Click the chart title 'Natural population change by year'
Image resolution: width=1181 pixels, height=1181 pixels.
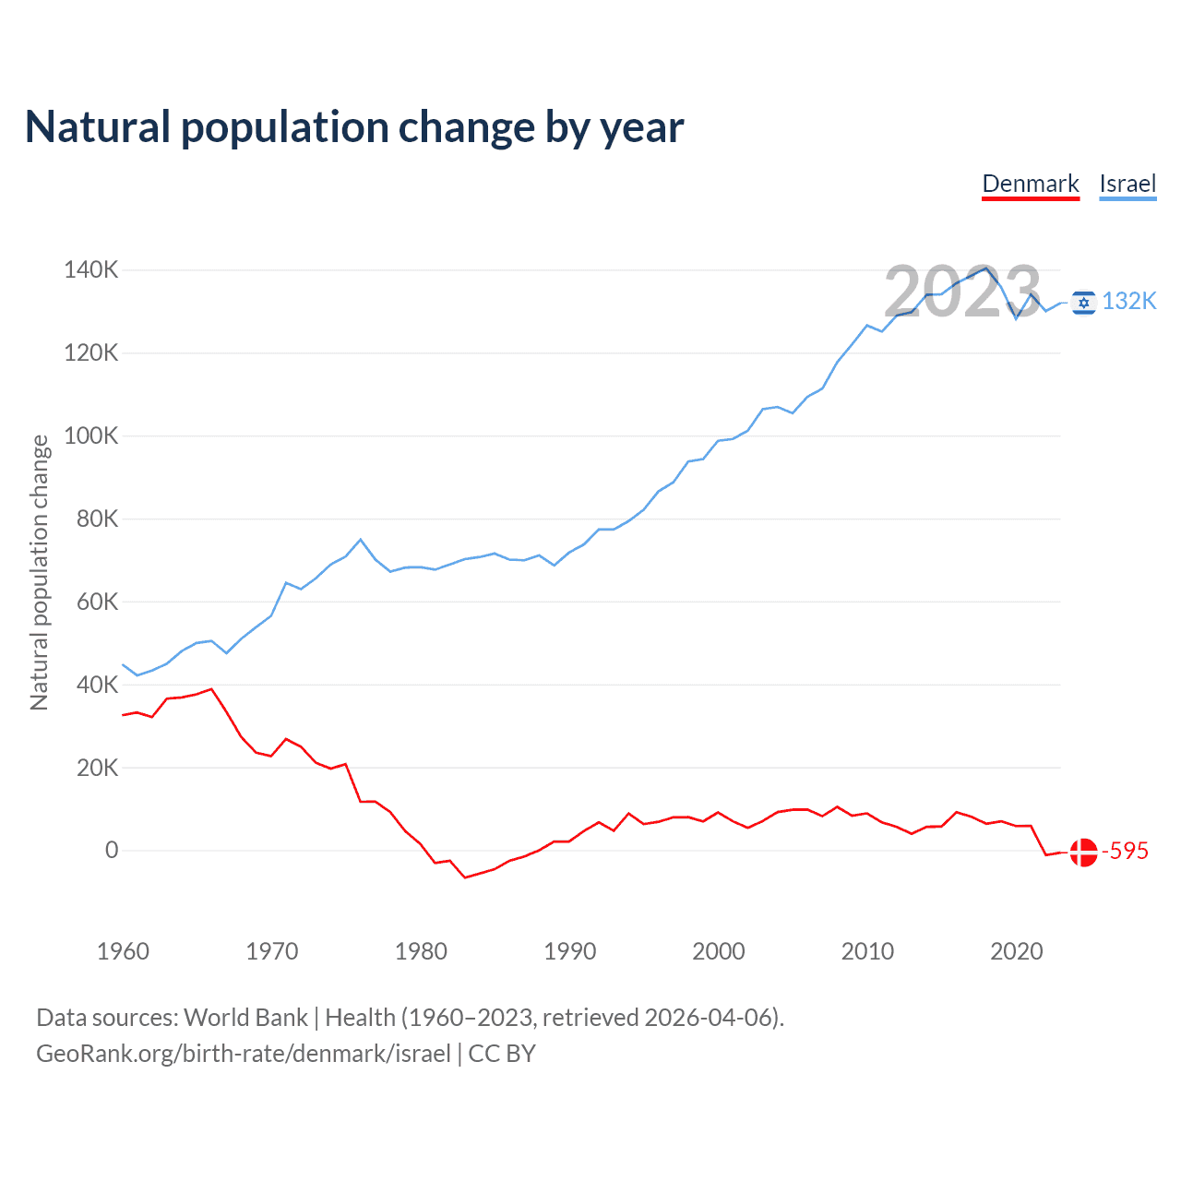[354, 127]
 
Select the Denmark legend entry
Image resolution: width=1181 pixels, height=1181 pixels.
[1030, 184]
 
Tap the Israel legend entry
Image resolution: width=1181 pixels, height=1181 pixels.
[1127, 184]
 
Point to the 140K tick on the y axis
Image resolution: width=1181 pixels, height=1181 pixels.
[90, 270]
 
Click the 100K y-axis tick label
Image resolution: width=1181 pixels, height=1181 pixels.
[90, 435]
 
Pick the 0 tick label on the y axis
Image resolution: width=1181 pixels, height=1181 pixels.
[112, 850]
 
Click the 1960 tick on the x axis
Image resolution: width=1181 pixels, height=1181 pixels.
[123, 951]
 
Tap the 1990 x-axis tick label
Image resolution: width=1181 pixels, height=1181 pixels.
[569, 951]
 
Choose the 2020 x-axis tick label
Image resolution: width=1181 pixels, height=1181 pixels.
[1016, 951]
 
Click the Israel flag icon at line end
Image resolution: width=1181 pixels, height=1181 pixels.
[1084, 302]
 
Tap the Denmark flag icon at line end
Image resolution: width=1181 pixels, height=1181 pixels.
[1084, 852]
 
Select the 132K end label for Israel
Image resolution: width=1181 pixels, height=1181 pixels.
[1129, 302]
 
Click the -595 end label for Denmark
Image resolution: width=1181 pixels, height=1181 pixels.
[1125, 851]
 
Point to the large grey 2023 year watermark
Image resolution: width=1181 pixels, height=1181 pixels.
[962, 292]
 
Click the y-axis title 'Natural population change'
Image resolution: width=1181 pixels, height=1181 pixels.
[39, 572]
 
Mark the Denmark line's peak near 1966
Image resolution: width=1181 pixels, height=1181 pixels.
[212, 689]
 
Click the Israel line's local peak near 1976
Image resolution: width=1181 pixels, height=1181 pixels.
[361, 540]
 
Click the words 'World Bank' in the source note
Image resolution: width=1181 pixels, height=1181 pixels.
[245, 1017]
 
